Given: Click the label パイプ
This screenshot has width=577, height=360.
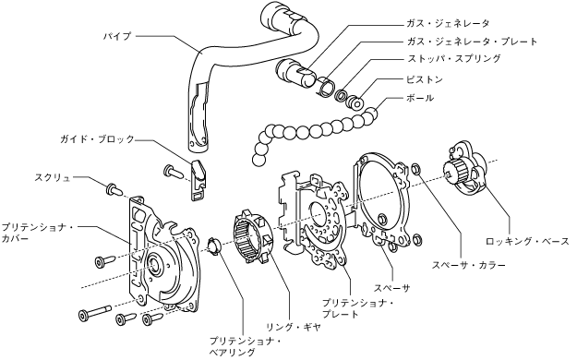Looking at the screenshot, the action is click(x=116, y=36).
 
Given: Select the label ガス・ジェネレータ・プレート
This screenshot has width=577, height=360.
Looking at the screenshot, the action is click(x=472, y=42).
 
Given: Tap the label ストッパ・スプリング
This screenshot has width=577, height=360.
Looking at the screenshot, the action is click(x=453, y=58).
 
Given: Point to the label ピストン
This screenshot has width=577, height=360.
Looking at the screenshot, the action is click(x=425, y=80).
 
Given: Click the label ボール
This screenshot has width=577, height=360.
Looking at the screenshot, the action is click(x=420, y=98).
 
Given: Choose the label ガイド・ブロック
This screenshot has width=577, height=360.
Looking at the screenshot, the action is click(x=98, y=139).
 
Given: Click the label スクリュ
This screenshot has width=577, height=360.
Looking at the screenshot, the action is click(x=53, y=177).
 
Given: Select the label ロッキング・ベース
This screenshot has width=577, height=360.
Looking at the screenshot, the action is click(x=527, y=242).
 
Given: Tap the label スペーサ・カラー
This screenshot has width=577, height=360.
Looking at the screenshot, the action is click(x=468, y=265).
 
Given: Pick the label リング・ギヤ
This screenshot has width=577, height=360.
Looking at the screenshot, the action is click(x=294, y=327).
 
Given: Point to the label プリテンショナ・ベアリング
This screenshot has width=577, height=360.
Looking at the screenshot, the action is click(x=245, y=346).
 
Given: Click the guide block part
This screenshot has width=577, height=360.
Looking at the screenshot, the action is click(x=198, y=179).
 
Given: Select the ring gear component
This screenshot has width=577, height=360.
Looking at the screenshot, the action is click(x=254, y=236).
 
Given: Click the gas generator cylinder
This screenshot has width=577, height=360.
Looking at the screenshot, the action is click(x=295, y=73).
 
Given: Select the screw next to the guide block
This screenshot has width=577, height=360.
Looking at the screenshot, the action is click(x=173, y=171).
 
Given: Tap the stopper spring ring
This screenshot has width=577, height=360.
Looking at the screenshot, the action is click(x=341, y=96).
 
